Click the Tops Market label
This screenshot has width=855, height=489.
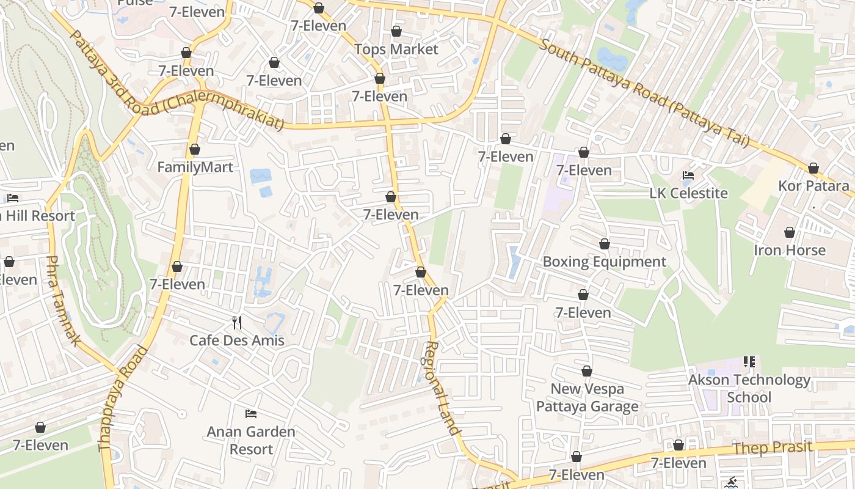tap(396, 49)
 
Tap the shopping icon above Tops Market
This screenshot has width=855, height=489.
tap(396, 31)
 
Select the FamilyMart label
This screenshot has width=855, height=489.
tap(195, 167)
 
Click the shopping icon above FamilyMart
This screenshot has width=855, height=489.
tap(195, 149)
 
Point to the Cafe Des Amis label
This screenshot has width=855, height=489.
tap(237, 340)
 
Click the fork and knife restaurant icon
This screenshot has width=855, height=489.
tap(237, 322)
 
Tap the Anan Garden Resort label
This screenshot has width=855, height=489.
tap(251, 440)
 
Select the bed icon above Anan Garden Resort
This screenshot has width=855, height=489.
tap(251, 414)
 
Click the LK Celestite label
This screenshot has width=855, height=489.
tap(688, 193)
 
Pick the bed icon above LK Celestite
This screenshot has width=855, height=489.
tap(688, 175)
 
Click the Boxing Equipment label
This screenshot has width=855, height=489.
tap(604, 262)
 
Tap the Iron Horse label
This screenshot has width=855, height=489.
tap(789, 250)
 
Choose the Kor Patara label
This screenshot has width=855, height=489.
tap(813, 185)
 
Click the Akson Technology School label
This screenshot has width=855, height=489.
tap(749, 388)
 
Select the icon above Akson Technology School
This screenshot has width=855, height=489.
tap(749, 362)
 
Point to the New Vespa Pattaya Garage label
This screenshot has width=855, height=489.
tap(587, 397)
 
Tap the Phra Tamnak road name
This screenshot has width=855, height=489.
tap(63, 300)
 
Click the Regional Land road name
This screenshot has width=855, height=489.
tap(441, 388)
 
